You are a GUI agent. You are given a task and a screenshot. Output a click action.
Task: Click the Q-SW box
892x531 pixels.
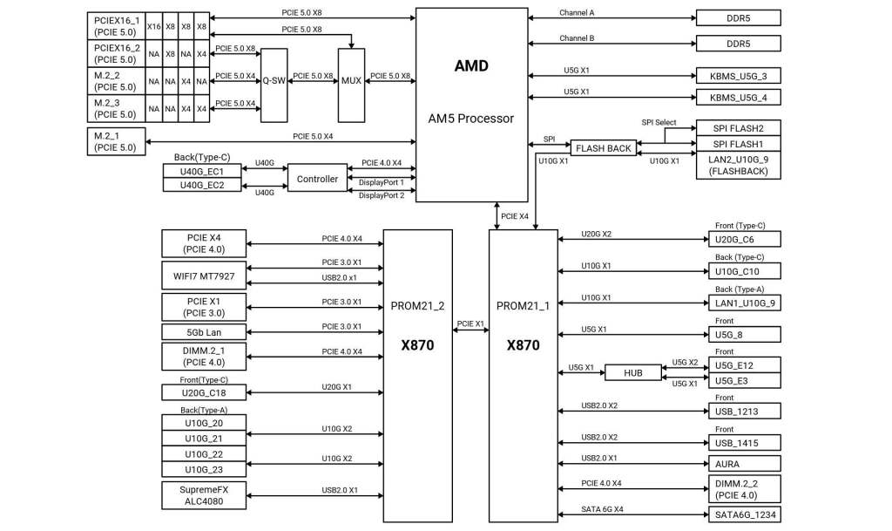274,80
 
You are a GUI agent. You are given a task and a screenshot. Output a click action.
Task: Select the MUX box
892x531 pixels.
351,80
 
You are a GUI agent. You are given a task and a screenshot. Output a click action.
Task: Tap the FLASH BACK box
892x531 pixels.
603,148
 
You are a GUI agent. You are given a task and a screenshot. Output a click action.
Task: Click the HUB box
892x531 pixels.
633,372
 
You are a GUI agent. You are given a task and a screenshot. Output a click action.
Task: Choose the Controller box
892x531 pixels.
317,179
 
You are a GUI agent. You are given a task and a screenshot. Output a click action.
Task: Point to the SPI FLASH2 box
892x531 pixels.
739,128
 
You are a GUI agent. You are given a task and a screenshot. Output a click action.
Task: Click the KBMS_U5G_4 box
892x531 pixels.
739,97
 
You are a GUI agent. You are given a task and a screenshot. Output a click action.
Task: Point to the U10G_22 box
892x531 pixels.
204,454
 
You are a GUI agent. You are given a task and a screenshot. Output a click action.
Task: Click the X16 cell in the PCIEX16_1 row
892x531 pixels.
154,27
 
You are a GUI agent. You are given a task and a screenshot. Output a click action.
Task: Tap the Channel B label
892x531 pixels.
577,37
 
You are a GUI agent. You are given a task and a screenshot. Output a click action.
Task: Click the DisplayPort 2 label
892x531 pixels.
382,195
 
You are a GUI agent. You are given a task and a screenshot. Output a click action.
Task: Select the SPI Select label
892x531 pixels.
659,122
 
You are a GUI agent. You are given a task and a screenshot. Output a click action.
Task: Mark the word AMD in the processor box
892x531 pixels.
471,66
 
